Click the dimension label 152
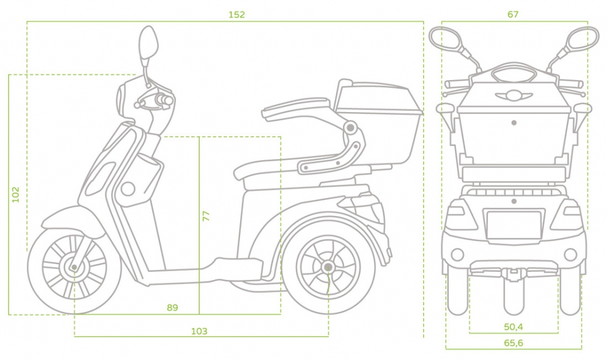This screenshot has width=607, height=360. point(237,15)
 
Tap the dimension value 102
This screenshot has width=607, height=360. point(16,195)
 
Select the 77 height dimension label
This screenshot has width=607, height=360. point(206,215)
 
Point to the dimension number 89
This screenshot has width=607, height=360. point(172,308)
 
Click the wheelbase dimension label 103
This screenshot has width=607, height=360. point(199,332)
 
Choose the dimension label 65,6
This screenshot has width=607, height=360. point(513,343)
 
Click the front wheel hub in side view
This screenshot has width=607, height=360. point(74,267)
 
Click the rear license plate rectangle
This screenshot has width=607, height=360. point(513,225)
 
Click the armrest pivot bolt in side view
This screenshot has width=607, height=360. point(351,128)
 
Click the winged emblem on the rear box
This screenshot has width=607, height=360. point(513,95)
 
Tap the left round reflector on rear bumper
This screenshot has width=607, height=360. point(457,254)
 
